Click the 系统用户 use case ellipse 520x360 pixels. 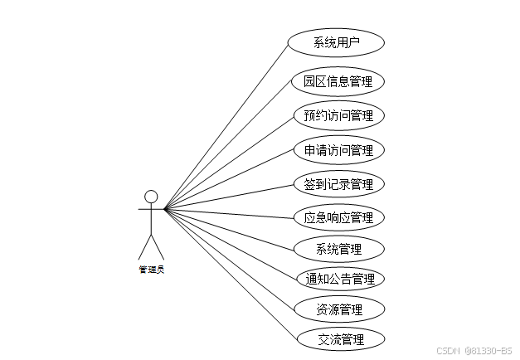click(336, 42)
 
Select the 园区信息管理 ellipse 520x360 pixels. click(338, 81)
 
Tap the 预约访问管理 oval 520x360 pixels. click(338, 115)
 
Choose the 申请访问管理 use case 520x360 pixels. click(338, 150)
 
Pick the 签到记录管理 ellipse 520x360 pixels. click(338, 183)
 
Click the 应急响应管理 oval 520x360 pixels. click(338, 217)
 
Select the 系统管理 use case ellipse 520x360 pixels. click(338, 248)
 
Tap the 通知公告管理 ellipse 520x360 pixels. click(340, 278)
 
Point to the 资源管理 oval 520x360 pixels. click(339, 309)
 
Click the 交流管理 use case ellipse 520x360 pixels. click(340, 338)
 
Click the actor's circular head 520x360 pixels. click(151, 197)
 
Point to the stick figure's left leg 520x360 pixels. click(144, 247)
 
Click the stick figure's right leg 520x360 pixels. click(158, 247)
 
